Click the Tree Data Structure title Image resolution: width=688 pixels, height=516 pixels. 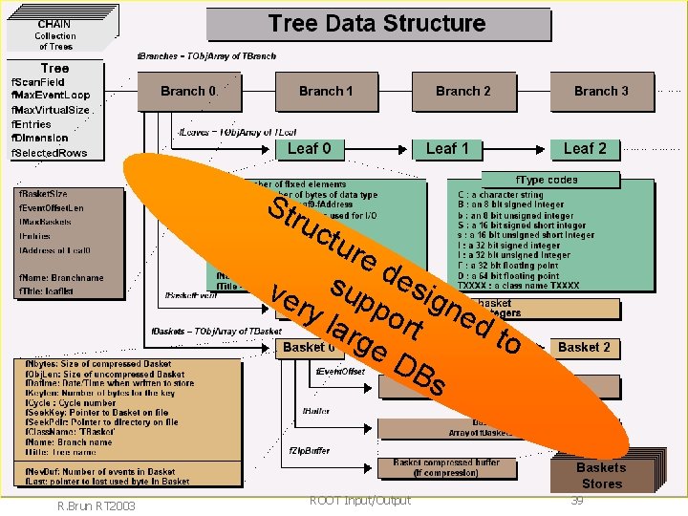tap(376, 24)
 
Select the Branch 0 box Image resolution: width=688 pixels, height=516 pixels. tap(188, 92)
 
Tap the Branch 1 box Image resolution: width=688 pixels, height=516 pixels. tap(326, 92)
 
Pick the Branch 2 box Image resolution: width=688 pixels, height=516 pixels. tap(462, 92)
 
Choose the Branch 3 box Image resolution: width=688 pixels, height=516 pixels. tap(601, 92)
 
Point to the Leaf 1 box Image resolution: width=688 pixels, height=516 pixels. tap(447, 148)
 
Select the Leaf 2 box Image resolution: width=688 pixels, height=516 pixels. tap(584, 148)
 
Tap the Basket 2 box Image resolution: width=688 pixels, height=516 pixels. tap(584, 347)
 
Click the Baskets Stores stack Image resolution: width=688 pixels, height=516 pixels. tap(601, 475)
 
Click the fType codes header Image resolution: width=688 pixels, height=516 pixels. tap(547, 180)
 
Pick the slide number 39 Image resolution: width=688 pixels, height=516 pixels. tap(577, 500)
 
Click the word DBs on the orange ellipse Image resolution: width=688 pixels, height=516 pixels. tap(418, 375)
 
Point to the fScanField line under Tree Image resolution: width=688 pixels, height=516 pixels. tap(38, 83)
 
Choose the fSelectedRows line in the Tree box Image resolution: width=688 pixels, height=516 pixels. tap(49, 153)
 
